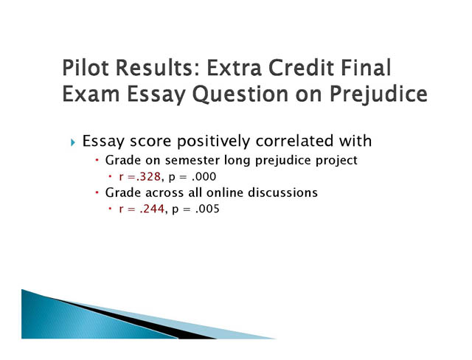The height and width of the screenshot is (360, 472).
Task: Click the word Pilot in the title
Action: click(85, 67)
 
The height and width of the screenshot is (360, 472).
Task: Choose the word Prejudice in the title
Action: click(378, 94)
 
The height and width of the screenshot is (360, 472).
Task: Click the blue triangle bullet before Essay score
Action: click(73, 142)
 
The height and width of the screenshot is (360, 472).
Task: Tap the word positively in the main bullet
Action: click(213, 141)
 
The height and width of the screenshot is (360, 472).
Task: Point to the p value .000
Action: click(204, 177)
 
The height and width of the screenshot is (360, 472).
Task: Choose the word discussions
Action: click(282, 193)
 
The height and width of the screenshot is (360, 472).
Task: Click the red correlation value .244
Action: click(152, 209)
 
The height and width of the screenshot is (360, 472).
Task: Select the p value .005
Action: click(207, 209)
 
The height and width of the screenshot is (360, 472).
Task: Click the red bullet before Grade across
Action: click(97, 193)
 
